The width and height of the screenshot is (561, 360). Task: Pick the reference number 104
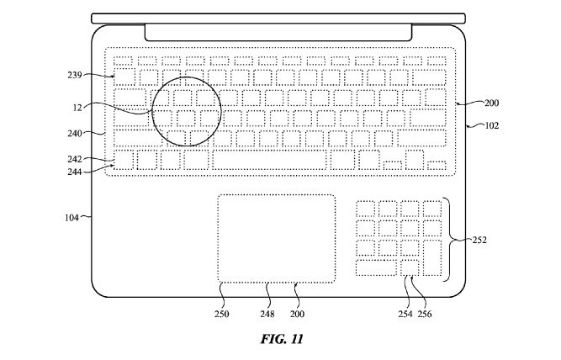[x=71, y=217]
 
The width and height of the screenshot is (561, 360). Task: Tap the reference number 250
[x=223, y=314]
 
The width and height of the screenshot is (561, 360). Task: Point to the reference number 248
[x=268, y=314]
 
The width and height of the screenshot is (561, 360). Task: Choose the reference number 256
[x=426, y=314]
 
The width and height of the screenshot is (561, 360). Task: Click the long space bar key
[x=269, y=160]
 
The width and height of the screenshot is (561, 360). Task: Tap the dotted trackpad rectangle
[x=276, y=239]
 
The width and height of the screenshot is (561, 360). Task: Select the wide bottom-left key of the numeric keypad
[x=375, y=268]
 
